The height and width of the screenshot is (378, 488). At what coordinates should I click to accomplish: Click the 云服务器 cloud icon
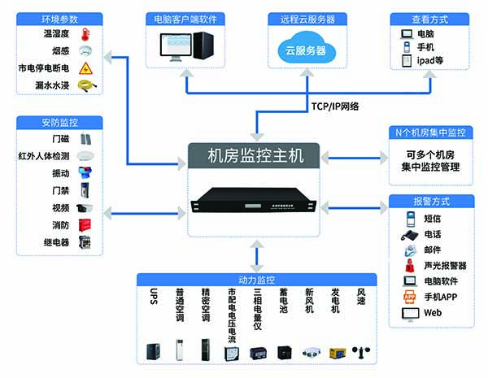coord(304,50)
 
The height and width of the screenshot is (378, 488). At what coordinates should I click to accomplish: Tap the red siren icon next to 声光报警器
coord(409,266)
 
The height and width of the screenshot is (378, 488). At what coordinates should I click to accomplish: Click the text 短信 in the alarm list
coord(432,218)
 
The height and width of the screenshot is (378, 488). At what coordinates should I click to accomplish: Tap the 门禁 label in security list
coord(61,191)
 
